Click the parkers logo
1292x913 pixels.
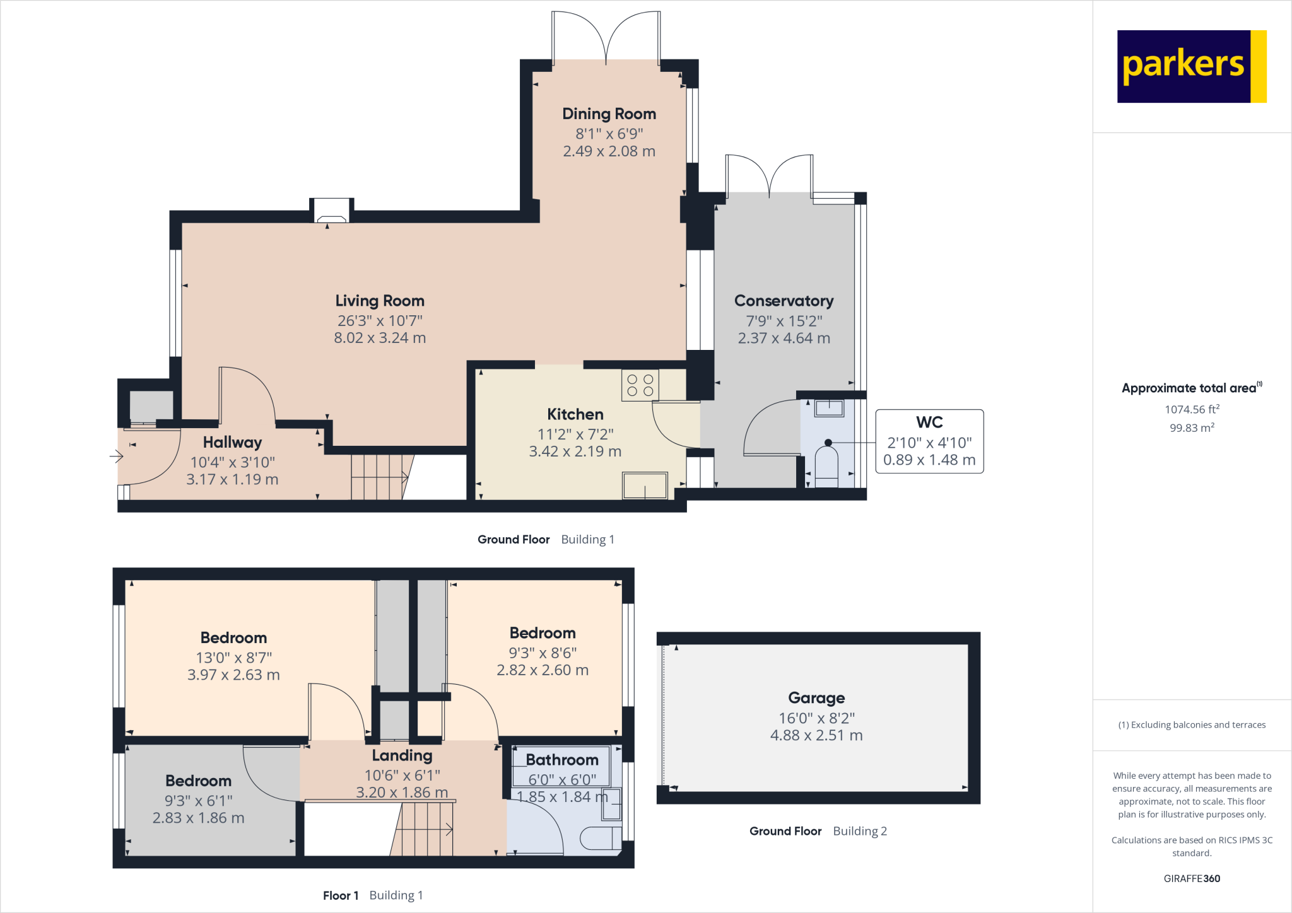[1191, 66]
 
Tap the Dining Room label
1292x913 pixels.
[609, 114]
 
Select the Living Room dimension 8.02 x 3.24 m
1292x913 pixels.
[380, 338]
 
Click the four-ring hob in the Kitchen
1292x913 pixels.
[640, 385]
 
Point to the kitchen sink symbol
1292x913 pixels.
[645, 486]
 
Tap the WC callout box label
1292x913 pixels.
[929, 422]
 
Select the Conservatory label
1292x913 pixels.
[784, 301]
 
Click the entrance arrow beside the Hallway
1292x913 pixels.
[116, 456]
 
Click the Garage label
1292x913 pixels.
[816, 698]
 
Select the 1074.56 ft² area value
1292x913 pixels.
[1192, 409]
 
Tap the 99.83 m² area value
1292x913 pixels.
[1192, 427]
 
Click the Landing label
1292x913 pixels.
[402, 755]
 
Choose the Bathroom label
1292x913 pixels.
[561, 760]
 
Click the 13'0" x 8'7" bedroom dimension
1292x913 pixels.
[233, 658]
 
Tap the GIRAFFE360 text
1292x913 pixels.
[1192, 878]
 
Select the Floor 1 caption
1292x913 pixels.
[341, 895]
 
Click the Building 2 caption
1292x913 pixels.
[860, 831]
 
